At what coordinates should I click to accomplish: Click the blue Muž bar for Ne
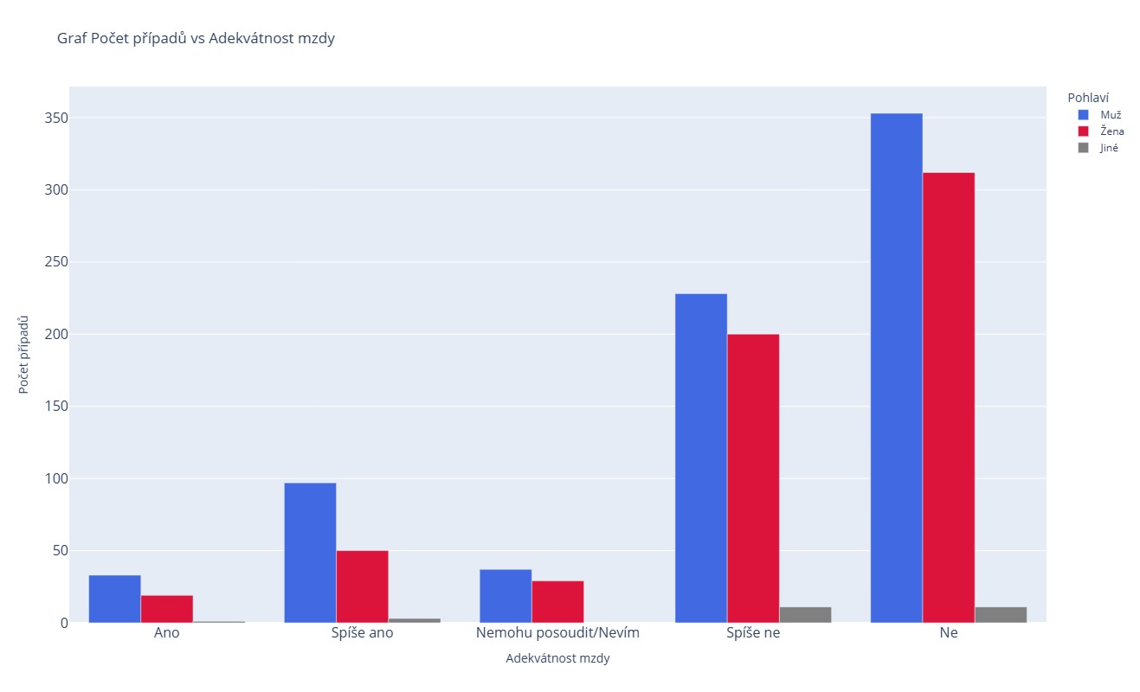[896, 368]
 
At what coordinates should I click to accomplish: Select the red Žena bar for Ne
[948, 397]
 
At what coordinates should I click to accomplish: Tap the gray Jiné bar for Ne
[1001, 615]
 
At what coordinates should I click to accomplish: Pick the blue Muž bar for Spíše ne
[700, 458]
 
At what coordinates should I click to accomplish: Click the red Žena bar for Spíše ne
[753, 478]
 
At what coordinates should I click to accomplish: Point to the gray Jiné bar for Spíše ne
[805, 615]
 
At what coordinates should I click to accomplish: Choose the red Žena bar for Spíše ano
[362, 586]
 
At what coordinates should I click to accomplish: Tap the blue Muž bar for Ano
[114, 599]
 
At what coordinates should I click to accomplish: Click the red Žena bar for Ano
[166, 609]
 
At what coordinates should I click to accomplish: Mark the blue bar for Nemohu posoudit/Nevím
[506, 596]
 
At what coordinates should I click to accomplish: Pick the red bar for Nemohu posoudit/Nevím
[557, 601]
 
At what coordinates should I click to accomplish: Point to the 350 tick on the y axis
[56, 118]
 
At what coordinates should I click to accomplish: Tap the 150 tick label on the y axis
[56, 407]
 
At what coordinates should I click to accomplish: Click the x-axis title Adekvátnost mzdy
[557, 658]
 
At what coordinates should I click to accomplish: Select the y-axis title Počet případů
[24, 355]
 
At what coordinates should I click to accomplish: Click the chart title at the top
[196, 38]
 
